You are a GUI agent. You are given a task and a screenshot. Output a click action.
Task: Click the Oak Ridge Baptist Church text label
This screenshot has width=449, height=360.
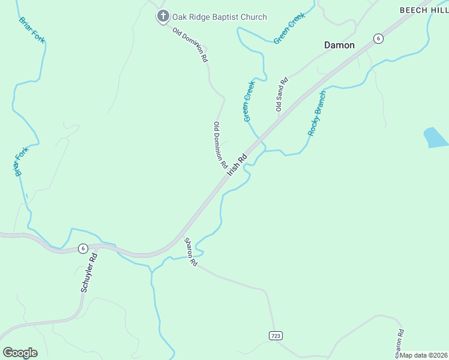pos(219,17)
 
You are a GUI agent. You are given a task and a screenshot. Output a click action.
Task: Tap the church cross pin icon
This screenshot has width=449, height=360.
pos(163,16)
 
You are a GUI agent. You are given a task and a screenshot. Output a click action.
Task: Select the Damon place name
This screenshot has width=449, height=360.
pos(339,45)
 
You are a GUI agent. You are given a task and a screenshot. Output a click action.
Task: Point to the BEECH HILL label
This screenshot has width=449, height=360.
pos(424,10)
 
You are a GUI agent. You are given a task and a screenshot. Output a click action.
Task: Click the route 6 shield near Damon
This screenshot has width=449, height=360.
pos(378,38)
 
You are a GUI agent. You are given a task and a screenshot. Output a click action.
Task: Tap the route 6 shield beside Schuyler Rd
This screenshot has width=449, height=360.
pos(83,248)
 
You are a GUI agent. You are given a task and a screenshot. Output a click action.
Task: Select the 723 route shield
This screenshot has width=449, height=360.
pos(275,335)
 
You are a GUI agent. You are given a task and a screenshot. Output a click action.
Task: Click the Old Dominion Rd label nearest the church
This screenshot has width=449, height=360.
pos(190,45)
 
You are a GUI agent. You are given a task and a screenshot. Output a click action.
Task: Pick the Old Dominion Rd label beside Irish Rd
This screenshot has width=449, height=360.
pos(220,145)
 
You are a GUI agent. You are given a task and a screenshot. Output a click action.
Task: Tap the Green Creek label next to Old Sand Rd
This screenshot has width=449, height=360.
pos(249,101)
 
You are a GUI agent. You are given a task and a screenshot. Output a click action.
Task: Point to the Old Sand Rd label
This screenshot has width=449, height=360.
pos(280,94)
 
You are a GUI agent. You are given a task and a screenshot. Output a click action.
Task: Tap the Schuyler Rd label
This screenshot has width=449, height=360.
pos(89,272)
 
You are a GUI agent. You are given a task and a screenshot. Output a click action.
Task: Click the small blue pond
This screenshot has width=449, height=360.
pos(435,137)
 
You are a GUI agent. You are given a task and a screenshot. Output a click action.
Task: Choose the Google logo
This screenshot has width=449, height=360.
pos(20,352)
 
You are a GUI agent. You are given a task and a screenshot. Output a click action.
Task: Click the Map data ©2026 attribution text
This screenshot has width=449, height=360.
pos(423,355)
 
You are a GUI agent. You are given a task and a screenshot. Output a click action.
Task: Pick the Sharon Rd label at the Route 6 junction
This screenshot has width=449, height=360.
pos(191,252)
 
